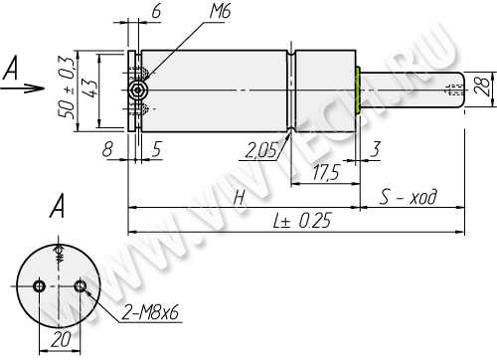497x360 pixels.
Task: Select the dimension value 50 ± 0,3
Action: click(x=66, y=88)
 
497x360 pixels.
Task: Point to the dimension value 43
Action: click(x=88, y=88)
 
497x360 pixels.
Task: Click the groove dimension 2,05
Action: click(x=260, y=151)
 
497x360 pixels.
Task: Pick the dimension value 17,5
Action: click(x=326, y=172)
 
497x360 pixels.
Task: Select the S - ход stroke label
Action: click(x=409, y=197)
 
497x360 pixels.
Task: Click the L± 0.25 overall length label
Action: click(x=302, y=221)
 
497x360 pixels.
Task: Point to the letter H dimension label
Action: click(x=239, y=198)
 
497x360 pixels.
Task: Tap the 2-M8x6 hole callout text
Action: click(x=150, y=312)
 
